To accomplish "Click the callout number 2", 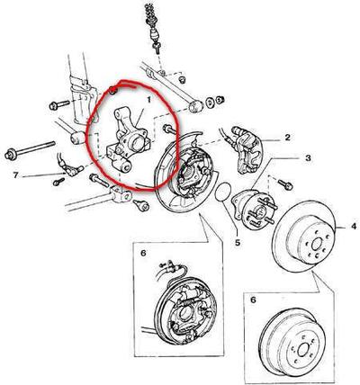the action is (288, 138).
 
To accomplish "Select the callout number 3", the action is (308, 158).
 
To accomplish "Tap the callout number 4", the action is (354, 226).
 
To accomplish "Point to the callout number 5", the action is (238, 242).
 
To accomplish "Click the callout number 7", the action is (16, 175).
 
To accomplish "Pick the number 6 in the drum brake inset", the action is (143, 253).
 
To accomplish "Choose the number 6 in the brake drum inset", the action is (254, 300).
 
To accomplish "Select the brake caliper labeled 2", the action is (247, 150).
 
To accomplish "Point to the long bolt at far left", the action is (30, 149).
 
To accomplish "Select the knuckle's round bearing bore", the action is (136, 143).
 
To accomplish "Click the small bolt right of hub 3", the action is (285, 184).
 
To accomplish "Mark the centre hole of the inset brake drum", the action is (299, 350).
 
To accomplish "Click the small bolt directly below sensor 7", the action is (58, 182).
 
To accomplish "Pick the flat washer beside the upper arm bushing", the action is (210, 102).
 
